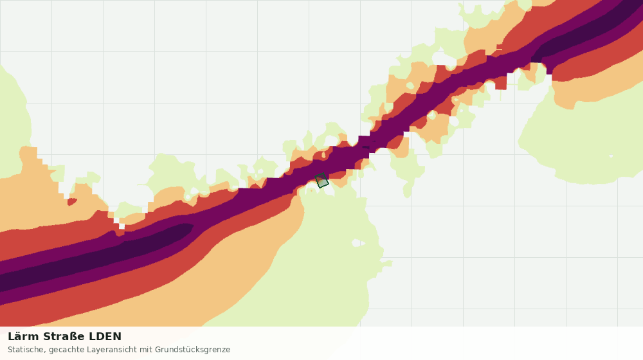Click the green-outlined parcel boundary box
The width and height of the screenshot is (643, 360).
click(x=322, y=181)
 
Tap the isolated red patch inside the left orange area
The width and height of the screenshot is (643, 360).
click(x=72, y=201)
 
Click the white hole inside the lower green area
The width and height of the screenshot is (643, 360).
click(x=358, y=243)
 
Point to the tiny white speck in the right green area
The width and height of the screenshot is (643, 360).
click(x=611, y=156)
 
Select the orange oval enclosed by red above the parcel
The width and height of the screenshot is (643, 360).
click(x=324, y=155)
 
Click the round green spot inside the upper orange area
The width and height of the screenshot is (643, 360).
click(x=410, y=85)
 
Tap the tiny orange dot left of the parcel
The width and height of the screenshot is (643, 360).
click(x=312, y=191)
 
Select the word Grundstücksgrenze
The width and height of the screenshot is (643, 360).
click(x=192, y=350)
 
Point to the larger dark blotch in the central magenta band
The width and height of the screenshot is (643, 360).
click(x=365, y=147)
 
